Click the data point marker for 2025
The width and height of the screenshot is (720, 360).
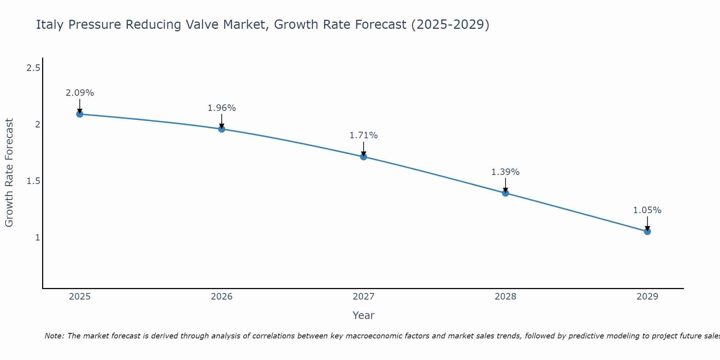coord(80,114)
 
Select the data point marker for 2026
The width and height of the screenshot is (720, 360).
coord(222,129)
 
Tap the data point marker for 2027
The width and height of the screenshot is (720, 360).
coord(364,157)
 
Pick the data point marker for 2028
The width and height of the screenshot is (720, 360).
coord(505,193)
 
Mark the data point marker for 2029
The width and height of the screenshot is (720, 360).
coord(647,231)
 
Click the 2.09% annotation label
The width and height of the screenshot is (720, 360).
coord(80,93)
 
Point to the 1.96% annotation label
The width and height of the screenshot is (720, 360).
coord(222,108)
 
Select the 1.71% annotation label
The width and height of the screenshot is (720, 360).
coord(364,135)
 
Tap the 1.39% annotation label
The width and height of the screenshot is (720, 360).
coord(505,172)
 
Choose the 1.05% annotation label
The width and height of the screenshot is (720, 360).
coord(647,210)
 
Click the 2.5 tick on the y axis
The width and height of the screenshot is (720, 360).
coord(33,68)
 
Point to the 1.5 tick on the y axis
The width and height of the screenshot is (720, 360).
coord(33,181)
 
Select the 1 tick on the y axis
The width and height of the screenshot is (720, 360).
coord(37,238)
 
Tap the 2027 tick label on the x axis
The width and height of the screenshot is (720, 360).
coord(364,297)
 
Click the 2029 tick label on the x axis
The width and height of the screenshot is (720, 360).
coord(647,297)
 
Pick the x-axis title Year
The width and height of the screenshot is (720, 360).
coord(364,315)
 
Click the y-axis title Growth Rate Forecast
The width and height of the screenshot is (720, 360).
coord(9,173)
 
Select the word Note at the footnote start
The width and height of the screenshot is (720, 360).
coord(54,336)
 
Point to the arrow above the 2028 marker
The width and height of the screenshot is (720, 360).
coord(505,185)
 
